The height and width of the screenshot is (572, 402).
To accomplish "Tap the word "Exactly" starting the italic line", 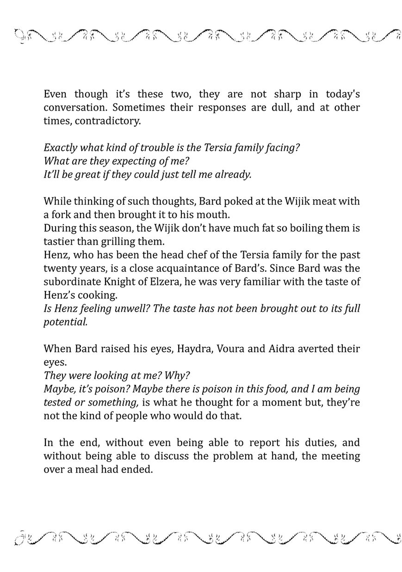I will [59, 148].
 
